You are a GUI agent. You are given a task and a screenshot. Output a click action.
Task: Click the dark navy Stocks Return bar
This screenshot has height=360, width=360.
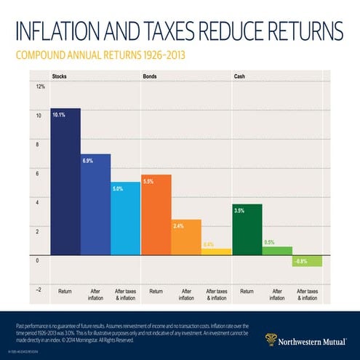(x=65, y=182)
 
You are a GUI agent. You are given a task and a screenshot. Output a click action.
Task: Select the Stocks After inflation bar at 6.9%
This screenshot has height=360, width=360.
(x=95, y=204)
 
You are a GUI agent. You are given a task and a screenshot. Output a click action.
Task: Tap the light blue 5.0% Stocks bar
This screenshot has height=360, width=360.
(x=126, y=218)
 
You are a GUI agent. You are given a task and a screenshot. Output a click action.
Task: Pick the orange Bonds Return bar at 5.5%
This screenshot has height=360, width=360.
(x=156, y=215)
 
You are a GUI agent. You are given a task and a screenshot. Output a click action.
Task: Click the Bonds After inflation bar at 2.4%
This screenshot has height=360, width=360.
(x=186, y=237)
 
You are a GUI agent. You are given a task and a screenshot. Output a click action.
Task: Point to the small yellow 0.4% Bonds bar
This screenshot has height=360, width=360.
(x=216, y=252)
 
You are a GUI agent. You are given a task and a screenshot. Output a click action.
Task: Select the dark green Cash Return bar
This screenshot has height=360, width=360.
(x=247, y=229)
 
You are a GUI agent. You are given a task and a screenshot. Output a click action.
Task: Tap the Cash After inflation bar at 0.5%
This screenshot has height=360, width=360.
(x=276, y=251)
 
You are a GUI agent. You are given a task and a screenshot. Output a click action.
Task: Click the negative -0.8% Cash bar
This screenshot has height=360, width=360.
(x=307, y=261)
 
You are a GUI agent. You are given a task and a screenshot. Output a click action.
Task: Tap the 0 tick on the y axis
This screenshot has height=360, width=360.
(x=38, y=260)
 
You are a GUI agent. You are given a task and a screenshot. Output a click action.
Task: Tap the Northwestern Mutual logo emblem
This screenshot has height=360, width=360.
(x=271, y=338)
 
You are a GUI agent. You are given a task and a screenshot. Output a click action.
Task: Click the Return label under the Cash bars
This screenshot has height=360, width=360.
(x=246, y=291)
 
